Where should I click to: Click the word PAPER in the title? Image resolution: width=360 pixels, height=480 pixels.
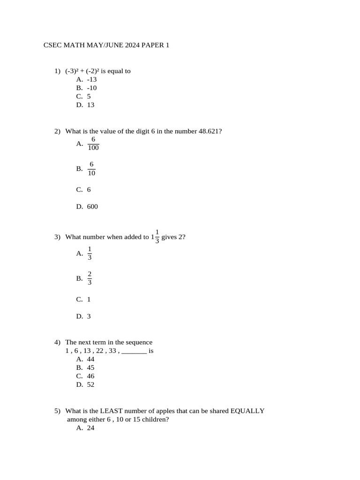click(x=152, y=45)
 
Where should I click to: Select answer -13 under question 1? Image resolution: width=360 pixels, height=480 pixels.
click(x=92, y=79)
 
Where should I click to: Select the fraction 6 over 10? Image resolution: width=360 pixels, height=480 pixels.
click(x=91, y=168)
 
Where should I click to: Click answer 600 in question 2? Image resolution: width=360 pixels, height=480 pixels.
click(x=92, y=206)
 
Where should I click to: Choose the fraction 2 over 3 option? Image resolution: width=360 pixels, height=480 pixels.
click(x=90, y=278)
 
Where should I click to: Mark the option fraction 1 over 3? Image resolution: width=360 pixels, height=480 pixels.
click(x=90, y=253)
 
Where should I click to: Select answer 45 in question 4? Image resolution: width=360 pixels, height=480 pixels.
click(x=90, y=367)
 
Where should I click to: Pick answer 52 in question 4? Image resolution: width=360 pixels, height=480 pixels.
click(x=90, y=384)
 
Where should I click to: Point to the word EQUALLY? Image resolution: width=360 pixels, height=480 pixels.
click(x=247, y=411)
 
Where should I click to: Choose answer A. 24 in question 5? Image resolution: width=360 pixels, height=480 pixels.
click(x=90, y=427)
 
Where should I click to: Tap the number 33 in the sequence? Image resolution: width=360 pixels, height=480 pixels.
click(x=113, y=351)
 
